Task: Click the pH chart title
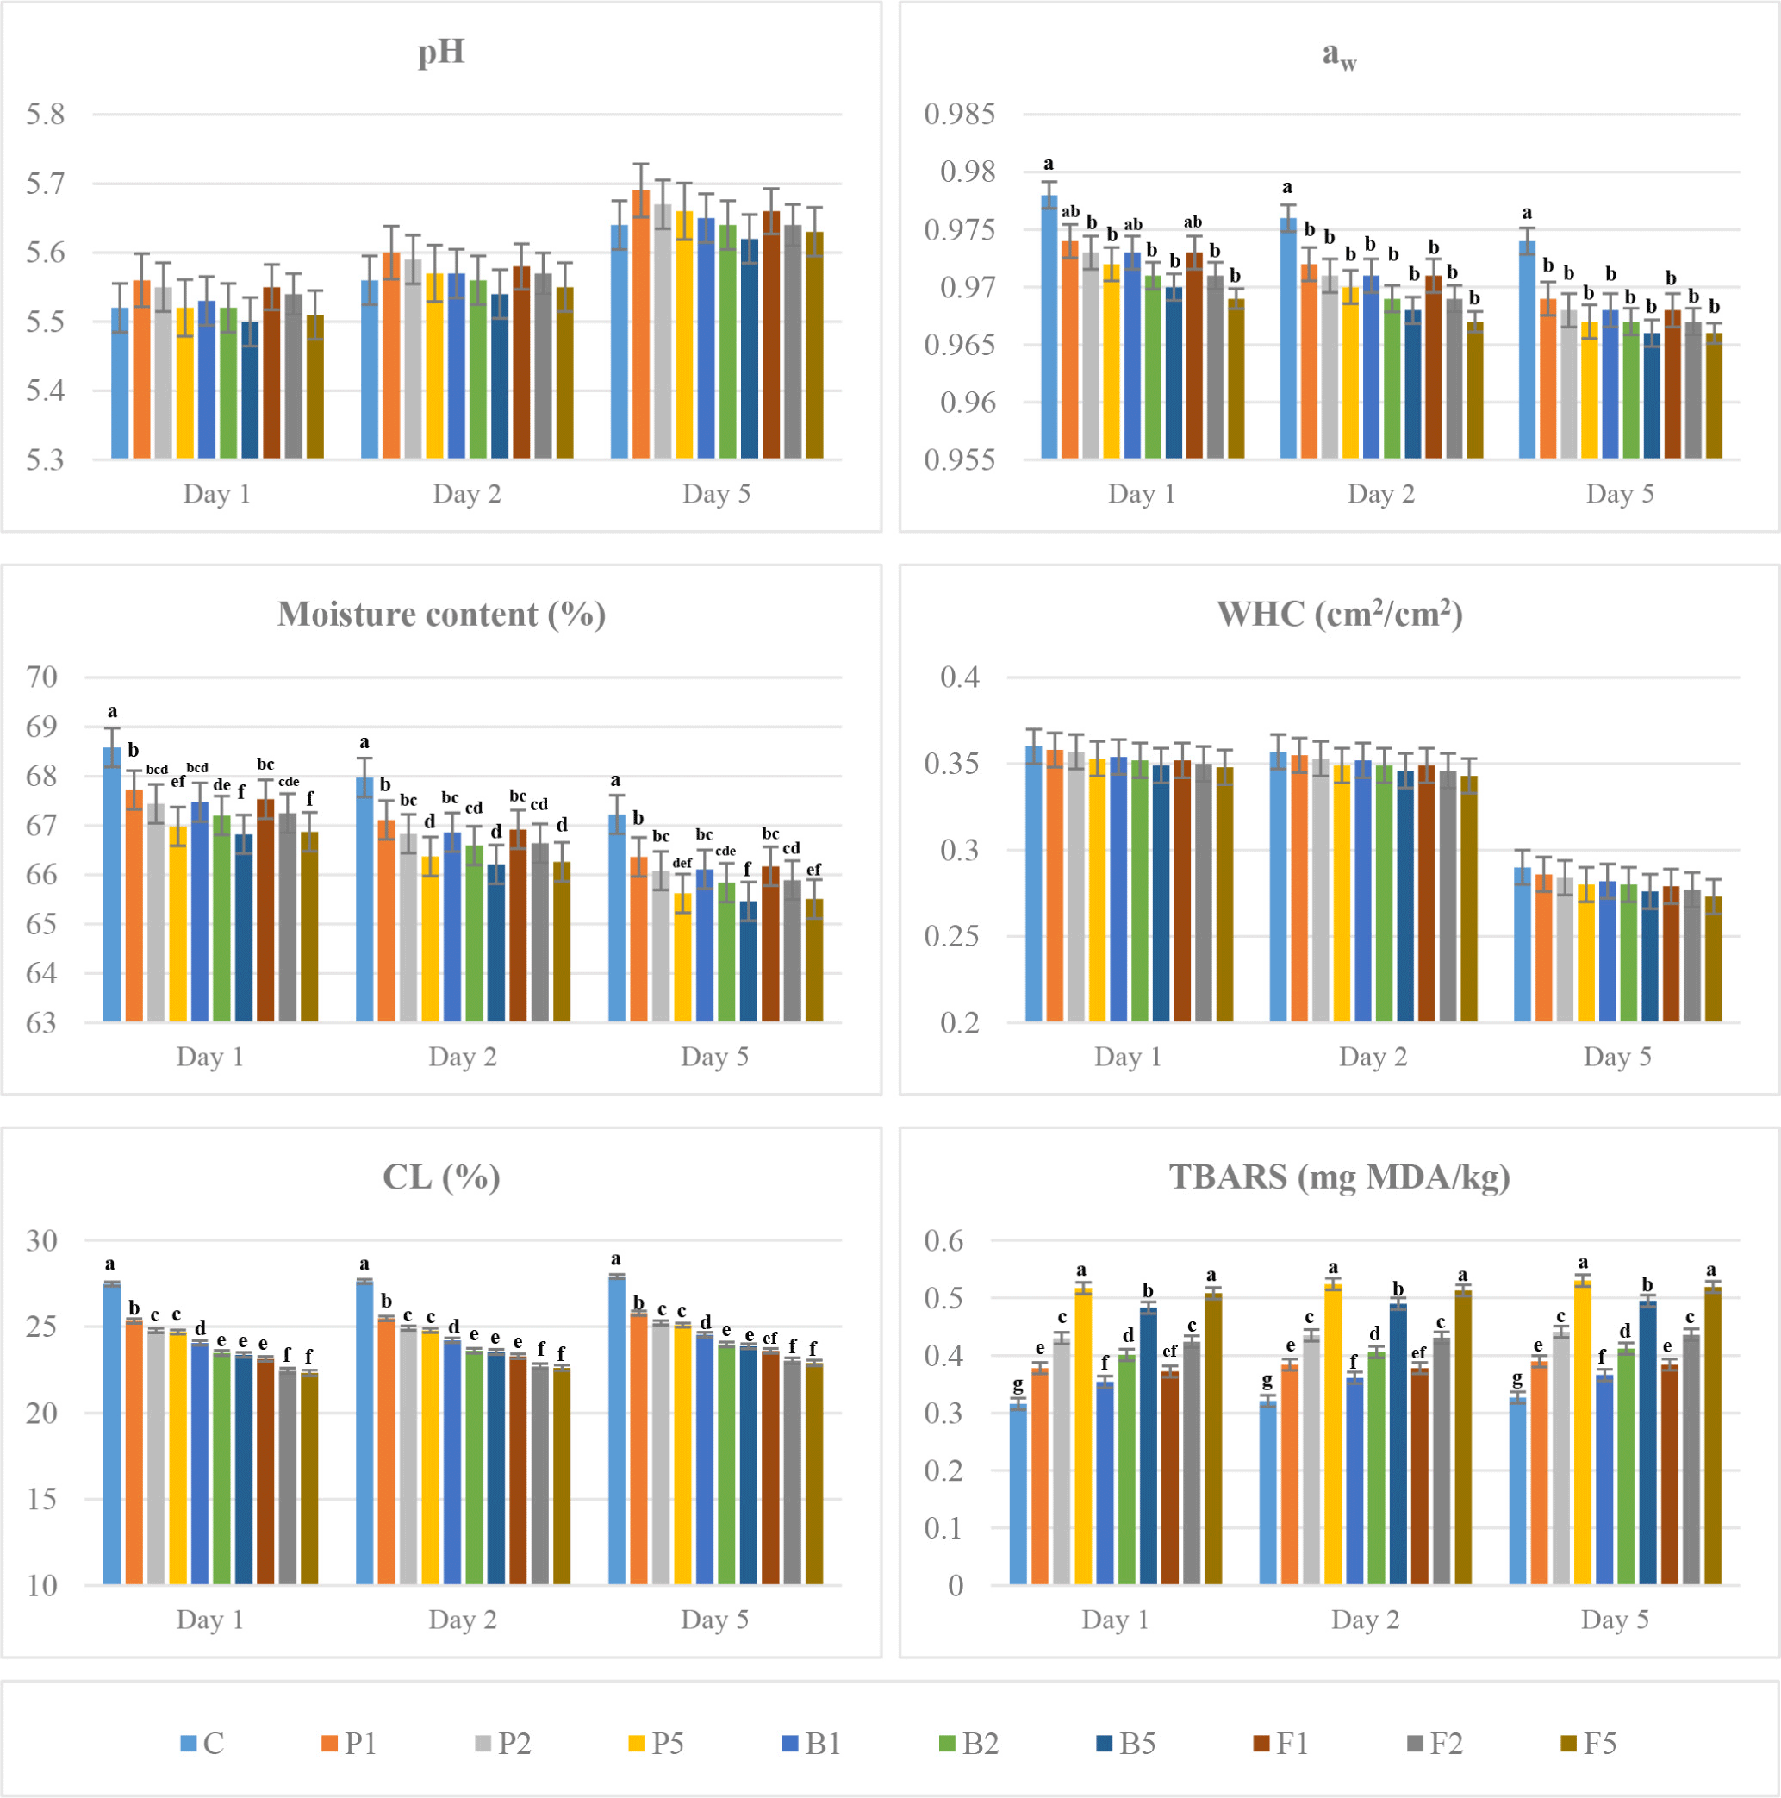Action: click(x=441, y=52)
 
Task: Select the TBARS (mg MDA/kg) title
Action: click(x=1339, y=1177)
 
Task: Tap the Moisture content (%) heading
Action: click(x=441, y=615)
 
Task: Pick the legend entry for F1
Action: click(x=1281, y=1743)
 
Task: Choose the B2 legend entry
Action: click(x=969, y=1743)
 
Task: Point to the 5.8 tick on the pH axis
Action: click(x=46, y=115)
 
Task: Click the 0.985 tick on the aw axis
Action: click(x=959, y=115)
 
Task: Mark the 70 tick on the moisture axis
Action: click(x=42, y=677)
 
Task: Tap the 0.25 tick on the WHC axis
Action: click(x=952, y=936)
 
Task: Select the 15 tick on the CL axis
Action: click(x=42, y=1499)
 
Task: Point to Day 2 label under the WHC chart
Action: click(x=1373, y=1058)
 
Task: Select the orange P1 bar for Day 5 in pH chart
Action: click(x=641, y=326)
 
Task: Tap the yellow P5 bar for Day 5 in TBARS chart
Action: click(x=1583, y=1433)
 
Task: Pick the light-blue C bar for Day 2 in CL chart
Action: click(x=364, y=1433)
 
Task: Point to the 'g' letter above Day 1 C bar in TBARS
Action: click(x=1018, y=1385)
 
